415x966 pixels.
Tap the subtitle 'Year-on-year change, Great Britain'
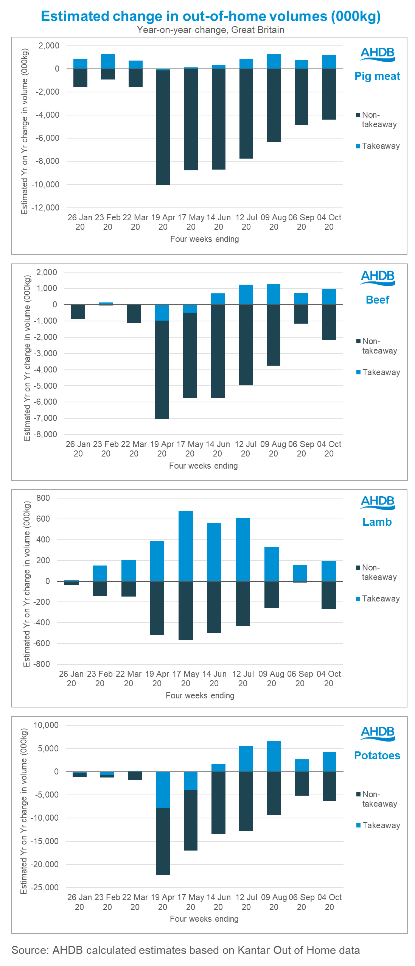(x=211, y=30)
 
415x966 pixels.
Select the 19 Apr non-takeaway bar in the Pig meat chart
(x=163, y=127)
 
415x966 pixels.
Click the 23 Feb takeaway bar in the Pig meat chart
(x=108, y=61)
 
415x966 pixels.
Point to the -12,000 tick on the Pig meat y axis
(x=45, y=208)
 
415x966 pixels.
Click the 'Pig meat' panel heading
(x=377, y=76)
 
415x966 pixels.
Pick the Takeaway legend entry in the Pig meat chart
(x=381, y=146)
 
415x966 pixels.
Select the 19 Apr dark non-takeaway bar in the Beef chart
(x=162, y=369)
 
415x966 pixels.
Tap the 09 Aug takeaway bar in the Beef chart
(x=274, y=294)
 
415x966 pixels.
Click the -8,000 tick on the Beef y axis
(x=45, y=435)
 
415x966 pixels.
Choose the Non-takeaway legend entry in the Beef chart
(x=379, y=346)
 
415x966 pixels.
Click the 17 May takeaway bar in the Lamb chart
(x=186, y=546)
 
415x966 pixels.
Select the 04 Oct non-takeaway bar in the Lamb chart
(x=329, y=595)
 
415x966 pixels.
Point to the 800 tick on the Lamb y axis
(x=43, y=498)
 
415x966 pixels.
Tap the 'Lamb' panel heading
(x=377, y=522)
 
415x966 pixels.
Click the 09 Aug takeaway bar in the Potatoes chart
(x=274, y=756)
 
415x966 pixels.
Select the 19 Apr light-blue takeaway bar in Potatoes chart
(x=163, y=789)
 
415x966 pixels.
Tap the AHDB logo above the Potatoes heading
(x=378, y=733)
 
